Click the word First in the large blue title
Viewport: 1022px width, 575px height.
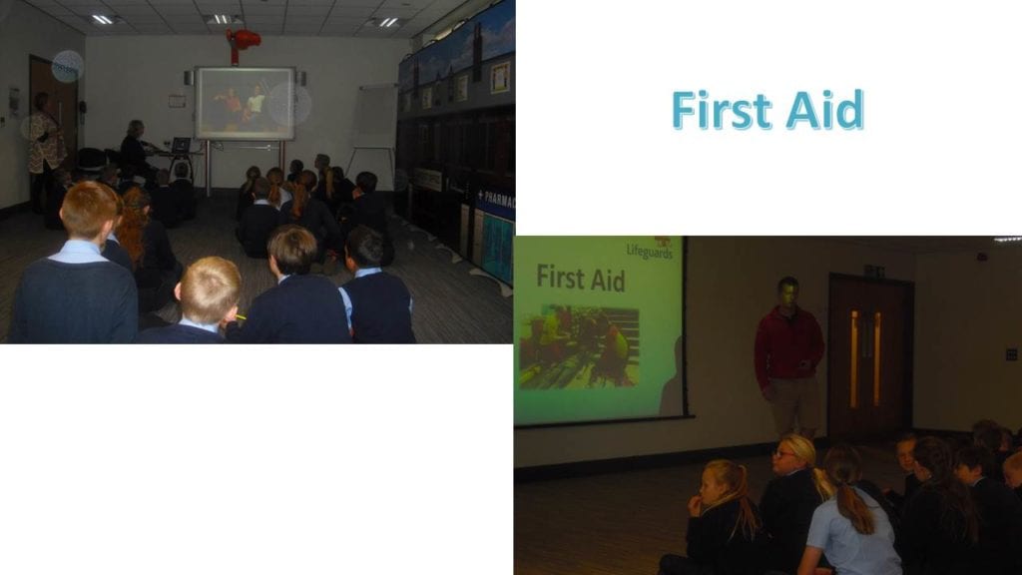pyautogui.click(x=721, y=110)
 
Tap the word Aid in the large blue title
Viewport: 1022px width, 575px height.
pyautogui.click(x=825, y=110)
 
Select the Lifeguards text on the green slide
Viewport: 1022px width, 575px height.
pyautogui.click(x=649, y=251)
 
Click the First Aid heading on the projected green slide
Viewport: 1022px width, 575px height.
pyautogui.click(x=580, y=279)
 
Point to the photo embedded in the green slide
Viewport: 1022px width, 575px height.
pyautogui.click(x=579, y=346)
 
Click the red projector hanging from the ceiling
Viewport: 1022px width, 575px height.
pyautogui.click(x=242, y=42)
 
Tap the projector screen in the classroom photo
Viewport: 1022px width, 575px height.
pyautogui.click(x=245, y=103)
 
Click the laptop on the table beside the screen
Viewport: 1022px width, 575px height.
pyautogui.click(x=180, y=145)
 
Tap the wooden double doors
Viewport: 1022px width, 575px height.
pyautogui.click(x=869, y=356)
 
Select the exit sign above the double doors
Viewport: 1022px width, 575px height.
pyautogui.click(x=874, y=271)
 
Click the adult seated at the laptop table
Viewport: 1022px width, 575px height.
pyautogui.click(x=136, y=149)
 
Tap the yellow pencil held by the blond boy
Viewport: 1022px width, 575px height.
pyautogui.click(x=241, y=316)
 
